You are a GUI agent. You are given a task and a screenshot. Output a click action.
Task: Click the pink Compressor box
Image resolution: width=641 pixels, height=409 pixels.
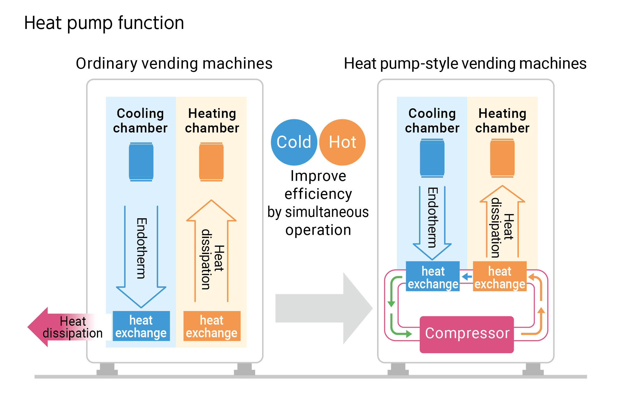pyautogui.click(x=466, y=334)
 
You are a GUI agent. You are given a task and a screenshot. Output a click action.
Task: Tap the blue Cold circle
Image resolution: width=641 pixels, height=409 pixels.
pyautogui.click(x=294, y=142)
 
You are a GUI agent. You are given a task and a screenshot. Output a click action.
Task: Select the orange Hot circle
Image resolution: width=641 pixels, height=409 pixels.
pyautogui.click(x=343, y=142)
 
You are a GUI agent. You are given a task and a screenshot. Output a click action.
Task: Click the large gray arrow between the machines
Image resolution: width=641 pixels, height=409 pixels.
pyautogui.click(x=323, y=308)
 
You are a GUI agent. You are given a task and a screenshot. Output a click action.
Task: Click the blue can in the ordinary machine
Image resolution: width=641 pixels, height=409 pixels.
pyautogui.click(x=141, y=162)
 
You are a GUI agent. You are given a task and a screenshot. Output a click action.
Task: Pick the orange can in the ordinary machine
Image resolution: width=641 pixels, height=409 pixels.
pyautogui.click(x=211, y=162)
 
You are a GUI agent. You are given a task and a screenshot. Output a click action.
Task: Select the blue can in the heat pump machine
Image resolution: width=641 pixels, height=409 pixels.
pyautogui.click(x=432, y=158)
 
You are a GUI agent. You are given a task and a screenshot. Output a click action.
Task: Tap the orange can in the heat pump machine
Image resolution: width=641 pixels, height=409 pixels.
pyautogui.click(x=502, y=158)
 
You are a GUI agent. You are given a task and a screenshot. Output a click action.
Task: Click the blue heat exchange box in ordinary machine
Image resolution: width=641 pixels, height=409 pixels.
pyautogui.click(x=141, y=326)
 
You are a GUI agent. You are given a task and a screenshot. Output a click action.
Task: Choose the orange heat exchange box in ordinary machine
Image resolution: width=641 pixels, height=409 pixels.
pyautogui.click(x=212, y=326)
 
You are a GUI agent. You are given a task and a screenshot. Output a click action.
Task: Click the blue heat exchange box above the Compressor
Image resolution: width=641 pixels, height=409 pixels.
pyautogui.click(x=433, y=277)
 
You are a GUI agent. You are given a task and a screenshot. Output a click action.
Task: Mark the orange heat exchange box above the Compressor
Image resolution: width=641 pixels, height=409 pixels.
pyautogui.click(x=500, y=277)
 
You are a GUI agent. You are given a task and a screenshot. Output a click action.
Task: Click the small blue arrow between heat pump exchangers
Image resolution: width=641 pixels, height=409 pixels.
pyautogui.click(x=466, y=277)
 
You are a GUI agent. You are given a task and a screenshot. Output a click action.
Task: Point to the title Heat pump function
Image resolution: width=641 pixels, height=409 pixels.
pyautogui.click(x=104, y=23)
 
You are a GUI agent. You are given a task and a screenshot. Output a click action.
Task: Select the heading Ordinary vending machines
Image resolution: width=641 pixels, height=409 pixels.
pyautogui.click(x=174, y=63)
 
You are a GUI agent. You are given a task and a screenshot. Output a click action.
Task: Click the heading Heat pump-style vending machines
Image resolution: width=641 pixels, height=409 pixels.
pyautogui.click(x=465, y=63)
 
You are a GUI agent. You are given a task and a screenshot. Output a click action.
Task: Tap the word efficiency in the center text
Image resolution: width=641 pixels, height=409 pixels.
pyautogui.click(x=318, y=194)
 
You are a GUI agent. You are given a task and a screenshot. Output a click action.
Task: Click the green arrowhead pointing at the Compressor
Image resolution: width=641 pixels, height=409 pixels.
pyautogui.click(x=408, y=334)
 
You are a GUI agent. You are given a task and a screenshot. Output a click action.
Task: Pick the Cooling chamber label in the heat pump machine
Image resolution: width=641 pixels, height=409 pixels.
pyautogui.click(x=432, y=121)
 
